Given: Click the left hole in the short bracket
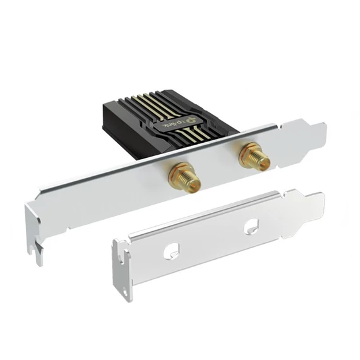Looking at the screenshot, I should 171,252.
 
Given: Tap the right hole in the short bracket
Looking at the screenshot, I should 251,224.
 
